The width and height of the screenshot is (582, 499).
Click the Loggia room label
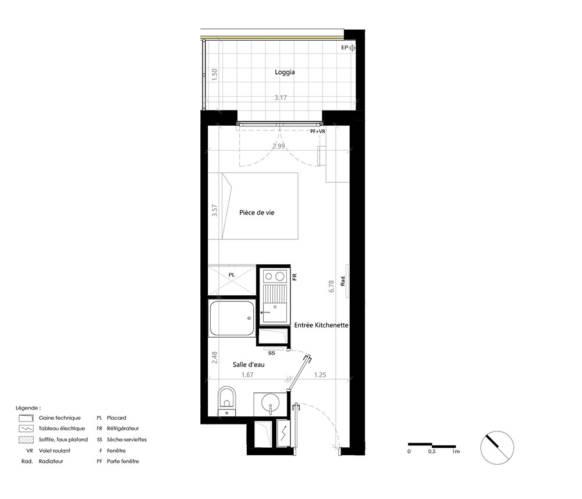pos(285,72)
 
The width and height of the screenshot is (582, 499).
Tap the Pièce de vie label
pos(257,213)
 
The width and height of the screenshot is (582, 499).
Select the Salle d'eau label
pos(249,364)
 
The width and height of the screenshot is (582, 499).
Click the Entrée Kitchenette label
pos(321,325)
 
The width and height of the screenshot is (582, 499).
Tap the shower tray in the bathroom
pos(232,318)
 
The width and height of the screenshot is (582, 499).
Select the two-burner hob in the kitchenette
pos(275,277)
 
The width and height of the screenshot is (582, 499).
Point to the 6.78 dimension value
pos(332,286)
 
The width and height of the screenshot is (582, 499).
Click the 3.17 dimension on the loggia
pos(281,98)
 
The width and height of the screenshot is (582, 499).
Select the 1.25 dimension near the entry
pos(320,375)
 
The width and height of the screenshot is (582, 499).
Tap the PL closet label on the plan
pos(232,275)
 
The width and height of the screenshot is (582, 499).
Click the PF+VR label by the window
pos(318,132)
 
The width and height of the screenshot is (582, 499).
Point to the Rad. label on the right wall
pos(343,281)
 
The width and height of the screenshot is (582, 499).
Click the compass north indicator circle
pos(497,447)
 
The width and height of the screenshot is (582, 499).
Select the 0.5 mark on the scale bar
pos(432,451)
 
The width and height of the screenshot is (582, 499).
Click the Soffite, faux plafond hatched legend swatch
pos(26,440)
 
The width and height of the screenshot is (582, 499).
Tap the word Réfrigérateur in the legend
pos(123,429)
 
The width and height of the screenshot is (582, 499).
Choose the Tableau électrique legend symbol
pos(26,429)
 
